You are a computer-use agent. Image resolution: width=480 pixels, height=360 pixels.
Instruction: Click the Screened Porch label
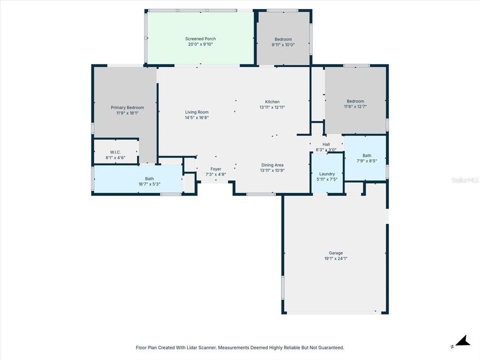[x=200, y=39]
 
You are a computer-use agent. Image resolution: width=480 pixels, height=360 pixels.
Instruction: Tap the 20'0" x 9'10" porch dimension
[x=200, y=44]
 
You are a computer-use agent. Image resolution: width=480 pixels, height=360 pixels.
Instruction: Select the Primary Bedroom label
[x=127, y=107]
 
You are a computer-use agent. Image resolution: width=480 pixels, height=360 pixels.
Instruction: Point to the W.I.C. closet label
[x=115, y=152]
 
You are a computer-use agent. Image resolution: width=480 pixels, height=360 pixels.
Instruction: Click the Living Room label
[x=196, y=112]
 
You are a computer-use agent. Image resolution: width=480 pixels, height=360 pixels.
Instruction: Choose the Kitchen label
[x=272, y=102]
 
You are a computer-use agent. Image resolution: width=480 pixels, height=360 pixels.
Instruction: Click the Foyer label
[x=215, y=169]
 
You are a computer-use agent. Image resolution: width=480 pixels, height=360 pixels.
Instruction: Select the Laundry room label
[x=327, y=174]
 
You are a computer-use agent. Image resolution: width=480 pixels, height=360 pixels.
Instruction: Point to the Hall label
[x=326, y=144]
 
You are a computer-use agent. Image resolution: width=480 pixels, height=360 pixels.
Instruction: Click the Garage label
[x=335, y=253]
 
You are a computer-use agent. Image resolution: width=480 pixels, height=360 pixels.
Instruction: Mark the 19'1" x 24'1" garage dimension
[x=335, y=258]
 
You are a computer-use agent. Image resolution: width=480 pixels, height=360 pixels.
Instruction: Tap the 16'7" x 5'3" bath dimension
[x=149, y=184]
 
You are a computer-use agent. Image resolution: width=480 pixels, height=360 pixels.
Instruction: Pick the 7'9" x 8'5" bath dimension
[x=367, y=160]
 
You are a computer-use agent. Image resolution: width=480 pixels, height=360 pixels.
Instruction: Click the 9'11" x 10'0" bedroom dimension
[x=283, y=44]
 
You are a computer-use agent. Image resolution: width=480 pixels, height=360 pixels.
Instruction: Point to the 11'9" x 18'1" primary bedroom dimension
[x=127, y=113]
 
